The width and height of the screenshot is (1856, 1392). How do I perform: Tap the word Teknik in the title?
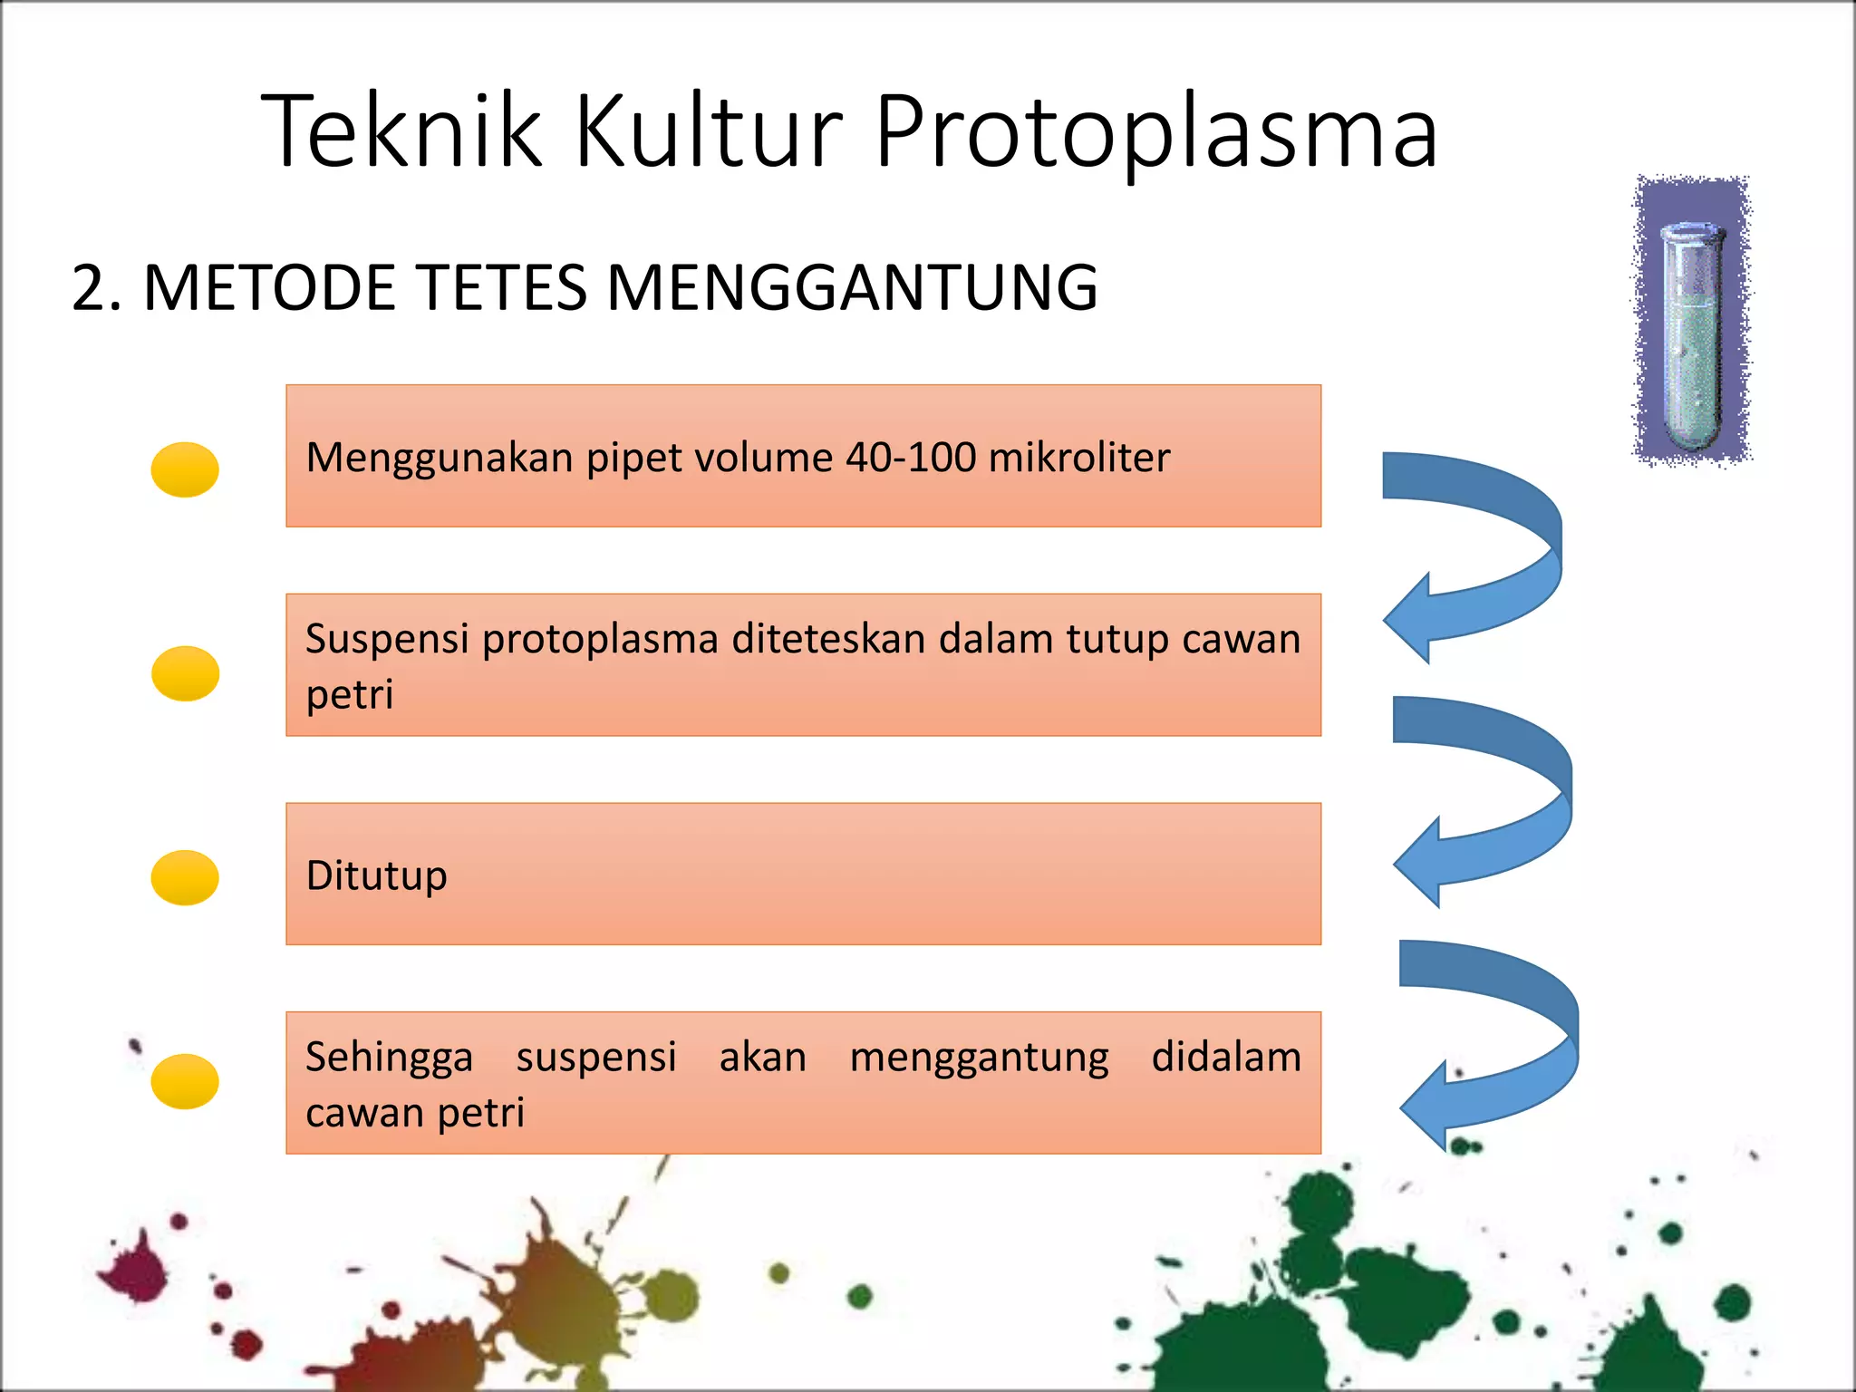pyautogui.click(x=401, y=132)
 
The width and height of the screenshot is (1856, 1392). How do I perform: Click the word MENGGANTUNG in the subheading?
pyautogui.click(x=852, y=288)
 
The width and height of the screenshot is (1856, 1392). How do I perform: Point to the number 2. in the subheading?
pyautogui.click(x=96, y=288)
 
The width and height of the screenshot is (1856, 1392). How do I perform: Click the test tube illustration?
pyautogui.click(x=1691, y=322)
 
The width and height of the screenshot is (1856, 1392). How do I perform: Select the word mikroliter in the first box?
pyautogui.click(x=1078, y=458)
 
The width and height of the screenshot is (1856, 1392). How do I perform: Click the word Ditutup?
pyautogui.click(x=376, y=875)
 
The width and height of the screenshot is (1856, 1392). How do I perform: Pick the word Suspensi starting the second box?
pyautogui.click(x=387, y=640)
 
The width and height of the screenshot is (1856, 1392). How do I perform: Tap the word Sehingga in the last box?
pyautogui.click(x=389, y=1058)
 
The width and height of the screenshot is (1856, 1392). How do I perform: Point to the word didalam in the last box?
pyautogui.click(x=1225, y=1058)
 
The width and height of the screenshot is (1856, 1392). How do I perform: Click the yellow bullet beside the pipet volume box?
pyautogui.click(x=185, y=469)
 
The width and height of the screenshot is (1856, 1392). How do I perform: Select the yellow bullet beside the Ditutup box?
pyautogui.click(x=185, y=877)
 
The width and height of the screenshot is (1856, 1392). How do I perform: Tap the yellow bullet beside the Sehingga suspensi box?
pyautogui.click(x=185, y=1081)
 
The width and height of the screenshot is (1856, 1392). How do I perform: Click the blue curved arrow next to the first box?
pyautogui.click(x=1495, y=544)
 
